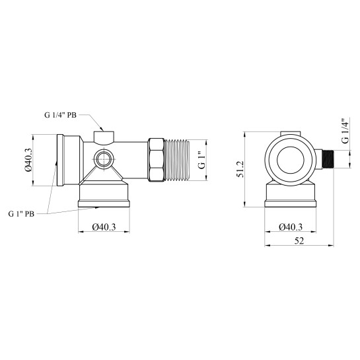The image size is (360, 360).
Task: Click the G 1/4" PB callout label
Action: [x=60, y=115]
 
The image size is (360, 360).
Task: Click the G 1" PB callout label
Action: [x=21, y=214]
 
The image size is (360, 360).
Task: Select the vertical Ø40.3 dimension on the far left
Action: [x=28, y=160]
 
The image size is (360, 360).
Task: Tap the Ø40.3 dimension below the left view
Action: [x=104, y=227]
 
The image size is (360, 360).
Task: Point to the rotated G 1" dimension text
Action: [x=202, y=160]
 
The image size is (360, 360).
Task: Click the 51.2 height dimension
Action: [x=240, y=169]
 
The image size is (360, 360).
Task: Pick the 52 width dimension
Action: [x=299, y=241]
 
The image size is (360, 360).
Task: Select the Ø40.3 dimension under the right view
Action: [x=291, y=227]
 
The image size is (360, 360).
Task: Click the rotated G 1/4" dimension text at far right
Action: [x=345, y=131]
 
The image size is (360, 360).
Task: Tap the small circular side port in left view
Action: [x=104, y=159]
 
